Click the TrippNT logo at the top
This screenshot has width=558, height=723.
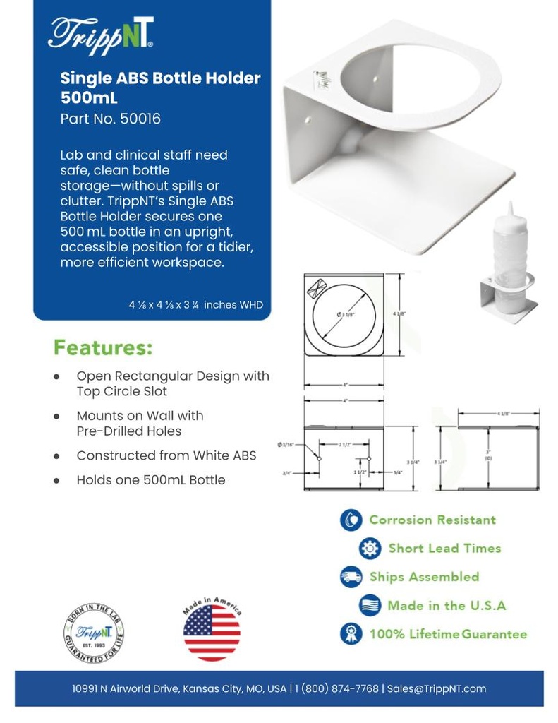click(101, 33)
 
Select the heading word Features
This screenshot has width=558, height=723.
click(103, 348)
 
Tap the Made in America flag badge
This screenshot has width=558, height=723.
click(212, 630)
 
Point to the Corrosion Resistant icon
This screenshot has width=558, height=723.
click(351, 520)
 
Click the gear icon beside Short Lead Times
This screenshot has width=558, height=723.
click(370, 549)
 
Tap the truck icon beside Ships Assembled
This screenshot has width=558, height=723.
click(351, 577)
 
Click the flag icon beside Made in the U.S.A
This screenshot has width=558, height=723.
click(370, 605)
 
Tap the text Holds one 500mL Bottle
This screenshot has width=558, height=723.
click(151, 480)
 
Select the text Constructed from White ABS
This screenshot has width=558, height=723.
click(166, 455)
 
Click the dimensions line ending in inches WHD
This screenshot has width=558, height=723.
click(195, 305)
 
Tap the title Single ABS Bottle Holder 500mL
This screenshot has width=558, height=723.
click(160, 86)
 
